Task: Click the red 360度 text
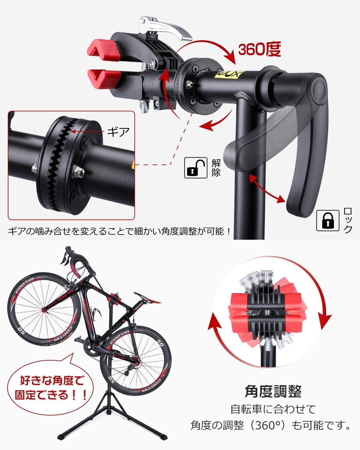click(x=259, y=49)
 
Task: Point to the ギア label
click(x=118, y=131)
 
